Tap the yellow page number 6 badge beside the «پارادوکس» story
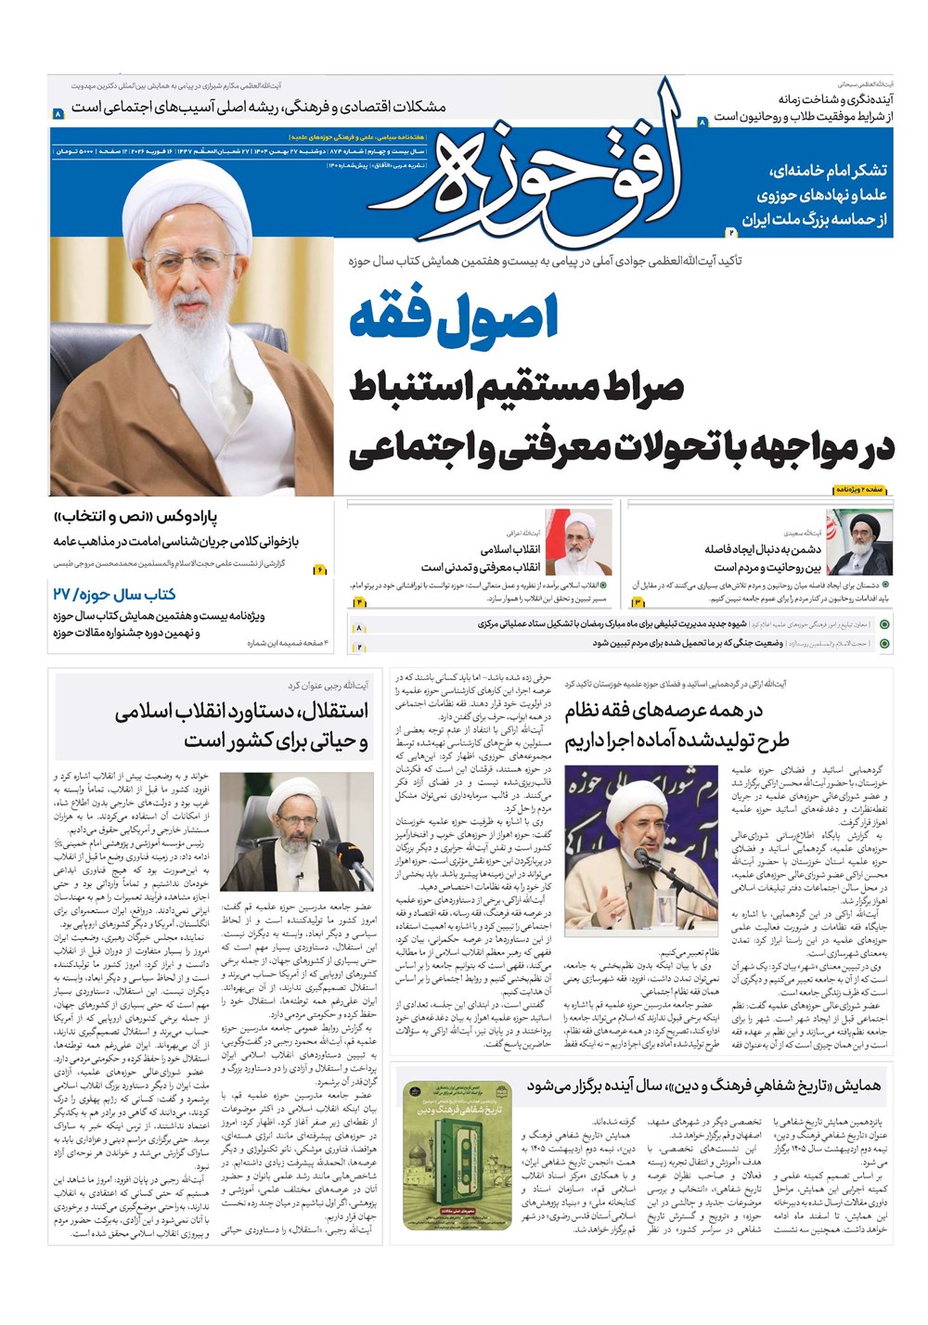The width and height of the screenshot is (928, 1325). (x=320, y=570)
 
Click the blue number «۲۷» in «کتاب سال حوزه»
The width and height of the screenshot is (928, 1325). (x=62, y=594)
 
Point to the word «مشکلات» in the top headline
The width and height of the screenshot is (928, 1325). (x=411, y=107)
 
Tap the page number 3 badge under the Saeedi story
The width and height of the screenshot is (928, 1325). (x=638, y=603)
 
